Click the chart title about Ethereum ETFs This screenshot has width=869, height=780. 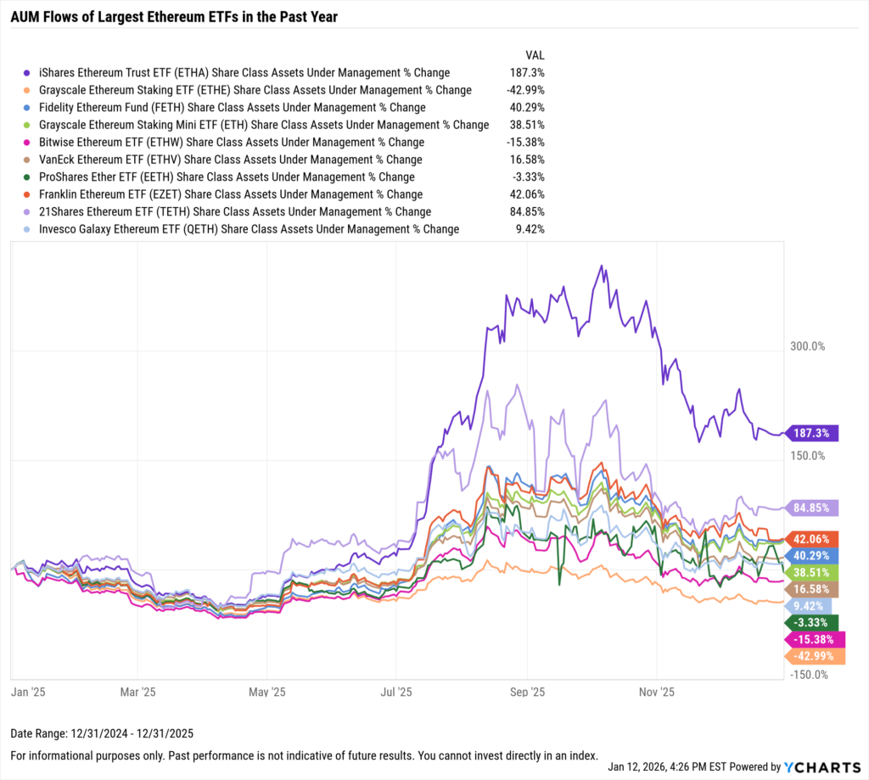173,17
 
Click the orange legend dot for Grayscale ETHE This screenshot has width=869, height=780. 28,90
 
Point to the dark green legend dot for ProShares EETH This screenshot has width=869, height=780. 28,177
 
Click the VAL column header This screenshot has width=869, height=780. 535,54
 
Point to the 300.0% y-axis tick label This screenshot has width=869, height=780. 807,346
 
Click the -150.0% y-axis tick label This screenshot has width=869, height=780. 807,675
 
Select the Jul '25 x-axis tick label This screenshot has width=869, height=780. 396,692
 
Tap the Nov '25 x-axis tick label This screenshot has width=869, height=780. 657,692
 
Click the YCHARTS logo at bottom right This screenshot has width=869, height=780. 819,766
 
